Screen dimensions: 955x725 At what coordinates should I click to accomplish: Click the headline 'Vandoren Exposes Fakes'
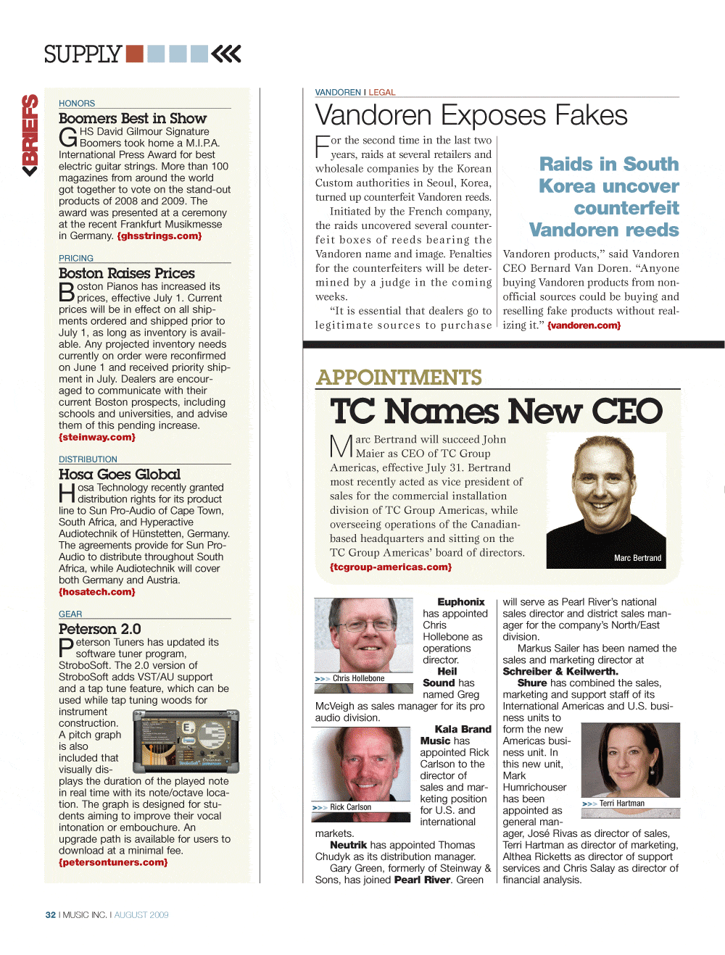click(471, 115)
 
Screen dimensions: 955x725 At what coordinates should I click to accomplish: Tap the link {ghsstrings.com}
click(159, 236)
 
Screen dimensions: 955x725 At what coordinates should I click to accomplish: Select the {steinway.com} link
click(97, 438)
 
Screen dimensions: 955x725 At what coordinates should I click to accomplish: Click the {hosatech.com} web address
click(97, 592)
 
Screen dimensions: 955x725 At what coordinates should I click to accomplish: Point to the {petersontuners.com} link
click(113, 863)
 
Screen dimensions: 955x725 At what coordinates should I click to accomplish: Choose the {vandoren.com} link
click(584, 326)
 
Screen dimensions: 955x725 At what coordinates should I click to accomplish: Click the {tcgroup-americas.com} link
click(391, 567)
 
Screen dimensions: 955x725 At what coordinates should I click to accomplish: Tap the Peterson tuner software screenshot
click(186, 738)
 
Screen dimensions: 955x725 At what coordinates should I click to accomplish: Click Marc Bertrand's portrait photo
click(605, 500)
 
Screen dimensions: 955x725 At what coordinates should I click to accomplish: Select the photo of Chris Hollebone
click(363, 635)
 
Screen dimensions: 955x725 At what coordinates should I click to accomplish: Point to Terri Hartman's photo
click(630, 761)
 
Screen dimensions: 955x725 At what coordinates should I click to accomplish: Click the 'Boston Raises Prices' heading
click(127, 273)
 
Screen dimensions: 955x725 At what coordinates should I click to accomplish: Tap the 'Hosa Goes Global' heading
click(120, 475)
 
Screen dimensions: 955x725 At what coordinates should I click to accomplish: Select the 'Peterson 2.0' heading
click(100, 629)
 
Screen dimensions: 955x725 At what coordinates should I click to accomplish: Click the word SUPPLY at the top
click(83, 54)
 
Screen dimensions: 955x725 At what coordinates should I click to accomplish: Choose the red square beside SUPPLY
click(134, 54)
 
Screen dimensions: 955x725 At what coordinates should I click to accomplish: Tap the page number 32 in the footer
click(51, 915)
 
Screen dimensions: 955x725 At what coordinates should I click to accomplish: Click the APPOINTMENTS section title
click(399, 378)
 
